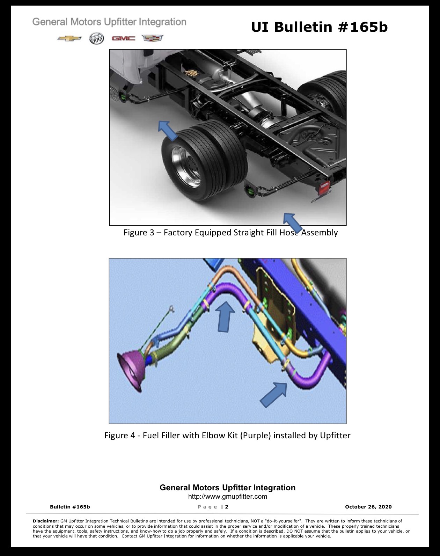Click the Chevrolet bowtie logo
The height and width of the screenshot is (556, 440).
tap(69, 38)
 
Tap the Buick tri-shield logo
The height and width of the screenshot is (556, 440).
tap(97, 38)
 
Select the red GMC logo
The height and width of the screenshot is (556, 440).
tap(124, 38)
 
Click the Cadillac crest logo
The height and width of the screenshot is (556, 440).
tap(153, 38)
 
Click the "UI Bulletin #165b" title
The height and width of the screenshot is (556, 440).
tap(319, 27)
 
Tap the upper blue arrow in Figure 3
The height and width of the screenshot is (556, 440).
tap(168, 131)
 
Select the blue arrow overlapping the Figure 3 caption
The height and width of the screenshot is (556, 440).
tap(293, 222)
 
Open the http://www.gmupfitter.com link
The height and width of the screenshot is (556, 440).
tap(228, 497)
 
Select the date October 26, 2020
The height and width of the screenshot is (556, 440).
tap(368, 507)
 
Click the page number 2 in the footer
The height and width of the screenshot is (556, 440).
tap(227, 507)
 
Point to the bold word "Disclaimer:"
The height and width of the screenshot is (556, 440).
tap(46, 521)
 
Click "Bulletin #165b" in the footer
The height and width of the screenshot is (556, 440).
tap(70, 507)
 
